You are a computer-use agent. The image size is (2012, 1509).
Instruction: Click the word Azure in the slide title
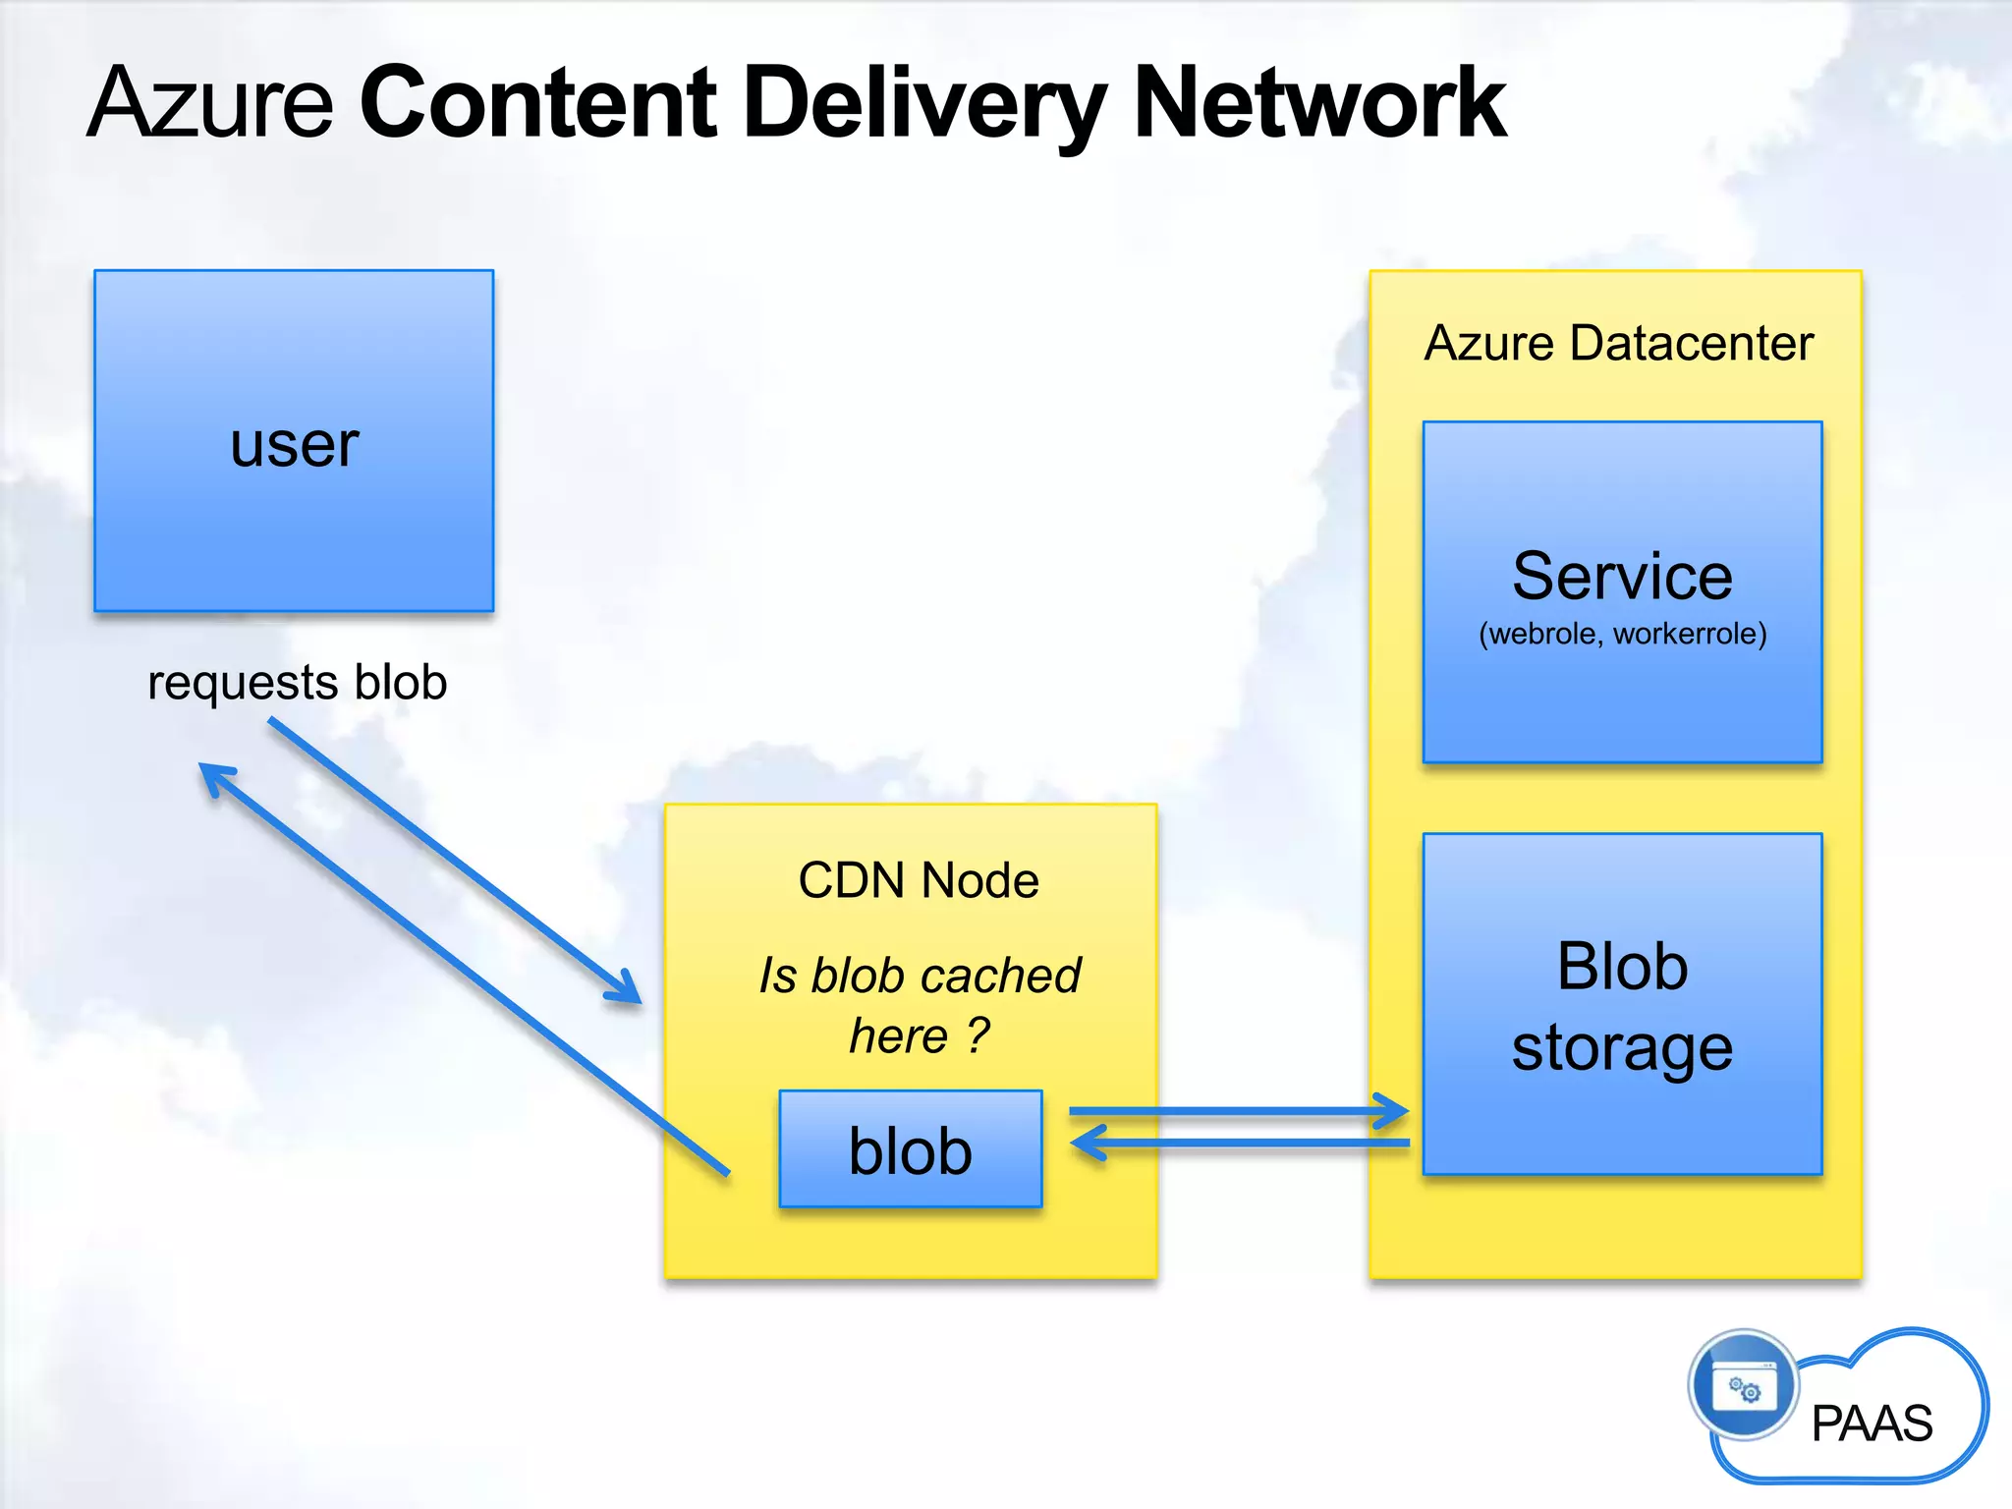pyautogui.click(x=211, y=103)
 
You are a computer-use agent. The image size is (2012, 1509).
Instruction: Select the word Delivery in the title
pyautogui.click(x=924, y=103)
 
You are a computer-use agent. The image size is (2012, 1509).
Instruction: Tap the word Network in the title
pyautogui.click(x=1318, y=103)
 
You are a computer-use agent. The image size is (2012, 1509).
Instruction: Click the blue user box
pyautogui.click(x=294, y=441)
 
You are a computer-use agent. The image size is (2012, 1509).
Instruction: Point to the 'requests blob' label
pyautogui.click(x=297, y=682)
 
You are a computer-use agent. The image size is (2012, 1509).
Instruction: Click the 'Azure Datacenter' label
pyautogui.click(x=1618, y=343)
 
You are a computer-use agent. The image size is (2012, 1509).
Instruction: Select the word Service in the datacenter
pyautogui.click(x=1622, y=576)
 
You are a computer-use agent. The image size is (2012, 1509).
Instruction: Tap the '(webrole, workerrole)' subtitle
pyautogui.click(x=1622, y=634)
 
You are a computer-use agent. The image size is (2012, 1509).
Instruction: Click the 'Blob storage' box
pyautogui.click(x=1622, y=1004)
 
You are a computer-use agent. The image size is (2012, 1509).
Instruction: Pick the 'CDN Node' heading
pyautogui.click(x=918, y=880)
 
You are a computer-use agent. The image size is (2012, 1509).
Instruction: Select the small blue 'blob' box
pyautogui.click(x=910, y=1149)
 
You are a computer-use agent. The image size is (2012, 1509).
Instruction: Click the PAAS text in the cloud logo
pyautogui.click(x=1872, y=1424)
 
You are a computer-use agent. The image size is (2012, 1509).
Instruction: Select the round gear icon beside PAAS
pyautogui.click(x=1744, y=1385)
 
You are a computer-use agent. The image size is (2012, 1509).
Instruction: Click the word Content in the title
pyautogui.click(x=538, y=103)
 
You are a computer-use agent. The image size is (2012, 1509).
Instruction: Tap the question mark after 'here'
pyautogui.click(x=978, y=1034)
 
